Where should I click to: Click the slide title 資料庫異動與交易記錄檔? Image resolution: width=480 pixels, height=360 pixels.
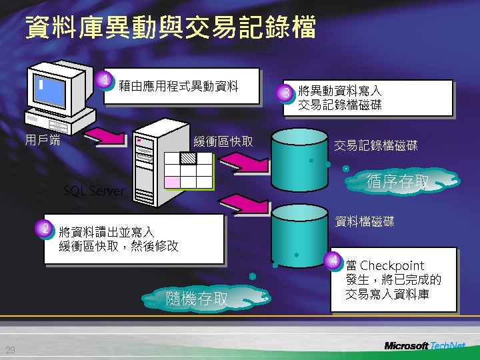tap(170, 28)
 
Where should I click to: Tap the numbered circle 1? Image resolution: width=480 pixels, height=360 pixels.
tap(105, 82)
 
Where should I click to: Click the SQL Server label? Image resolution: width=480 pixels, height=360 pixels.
tap(93, 191)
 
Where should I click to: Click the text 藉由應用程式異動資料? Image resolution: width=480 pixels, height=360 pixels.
tap(178, 85)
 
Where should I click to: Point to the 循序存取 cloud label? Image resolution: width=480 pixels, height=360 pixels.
tap(399, 181)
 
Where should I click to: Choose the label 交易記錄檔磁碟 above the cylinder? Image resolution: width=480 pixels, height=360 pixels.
tap(375, 145)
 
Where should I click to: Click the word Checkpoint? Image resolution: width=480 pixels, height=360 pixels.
tap(391, 266)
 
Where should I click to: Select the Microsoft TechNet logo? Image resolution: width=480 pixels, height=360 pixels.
tap(425, 345)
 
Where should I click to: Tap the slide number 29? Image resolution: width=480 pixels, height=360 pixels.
tap(10, 351)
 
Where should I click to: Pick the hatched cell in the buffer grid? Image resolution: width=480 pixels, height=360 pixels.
tap(189, 159)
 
